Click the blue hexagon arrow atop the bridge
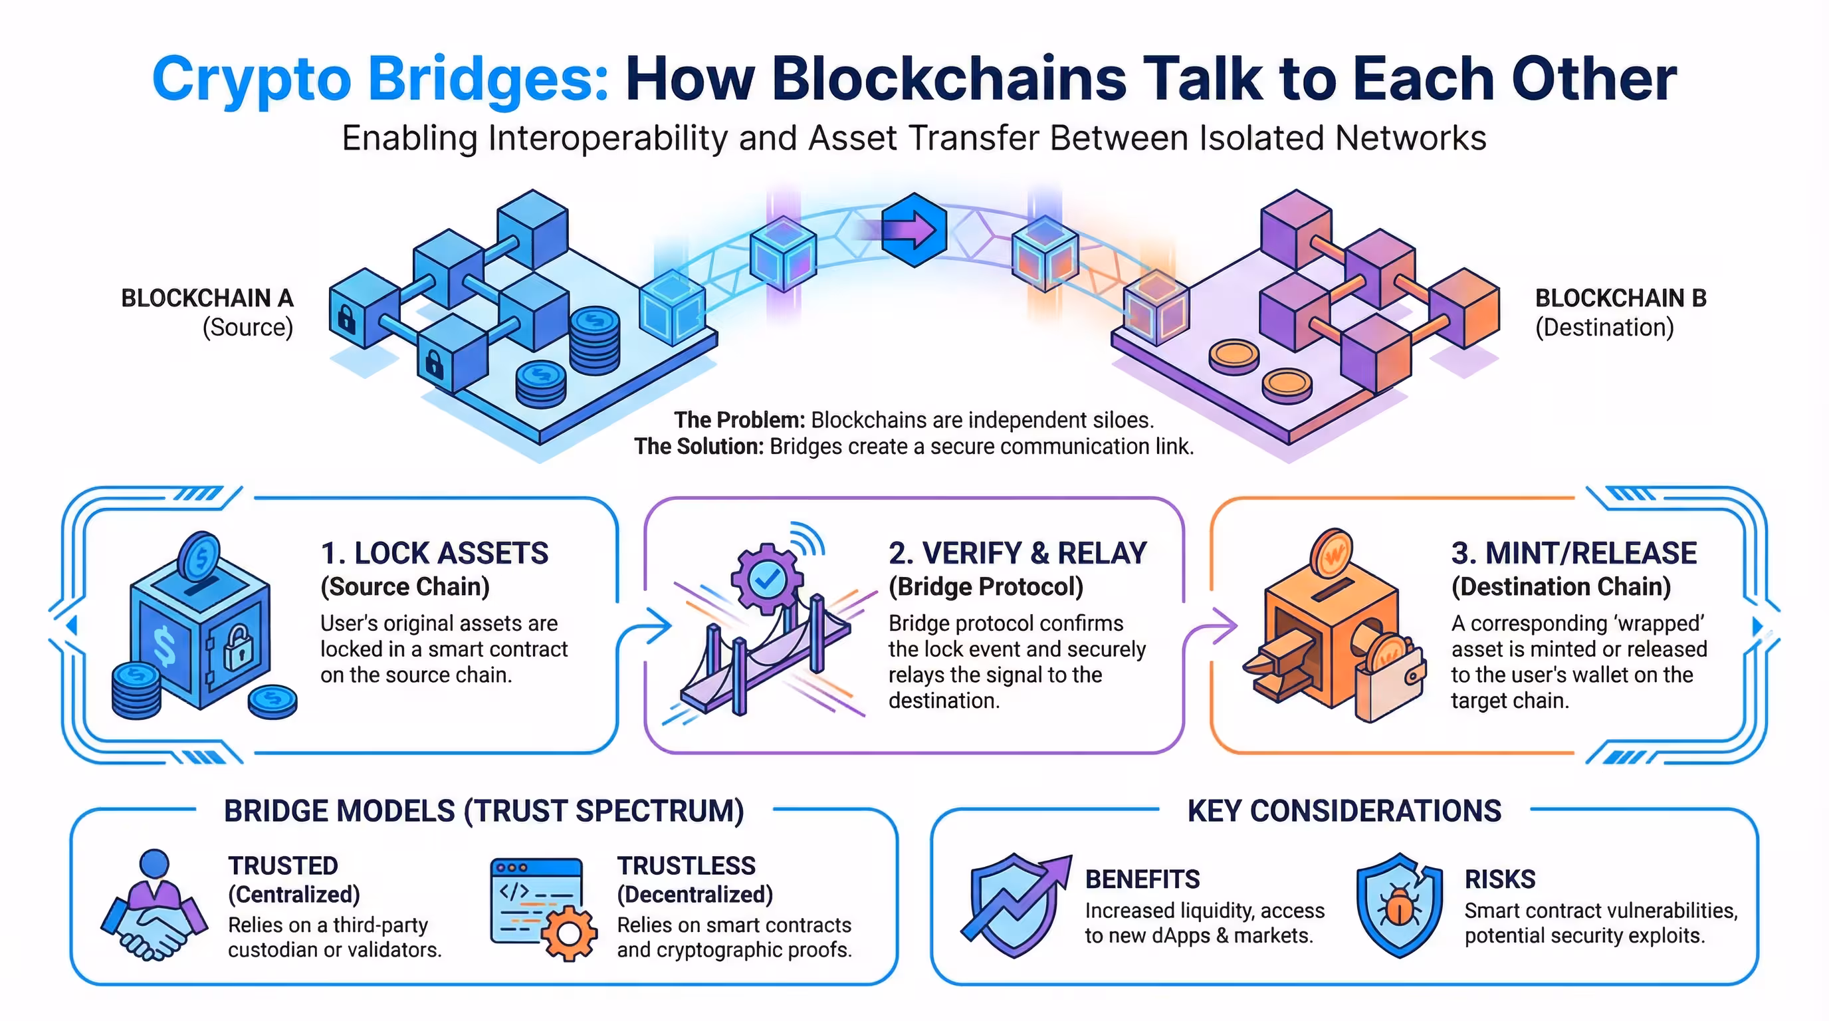[x=914, y=229]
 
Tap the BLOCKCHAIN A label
[x=207, y=298]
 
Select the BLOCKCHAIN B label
[x=1620, y=298]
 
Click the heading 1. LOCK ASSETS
[x=435, y=553]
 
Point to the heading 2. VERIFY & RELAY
[x=1018, y=553]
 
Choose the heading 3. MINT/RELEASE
[x=1573, y=553]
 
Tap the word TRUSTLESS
[x=686, y=866]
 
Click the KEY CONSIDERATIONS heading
[x=1344, y=811]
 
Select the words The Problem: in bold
[x=739, y=420]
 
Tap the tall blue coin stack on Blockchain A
[x=594, y=341]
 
